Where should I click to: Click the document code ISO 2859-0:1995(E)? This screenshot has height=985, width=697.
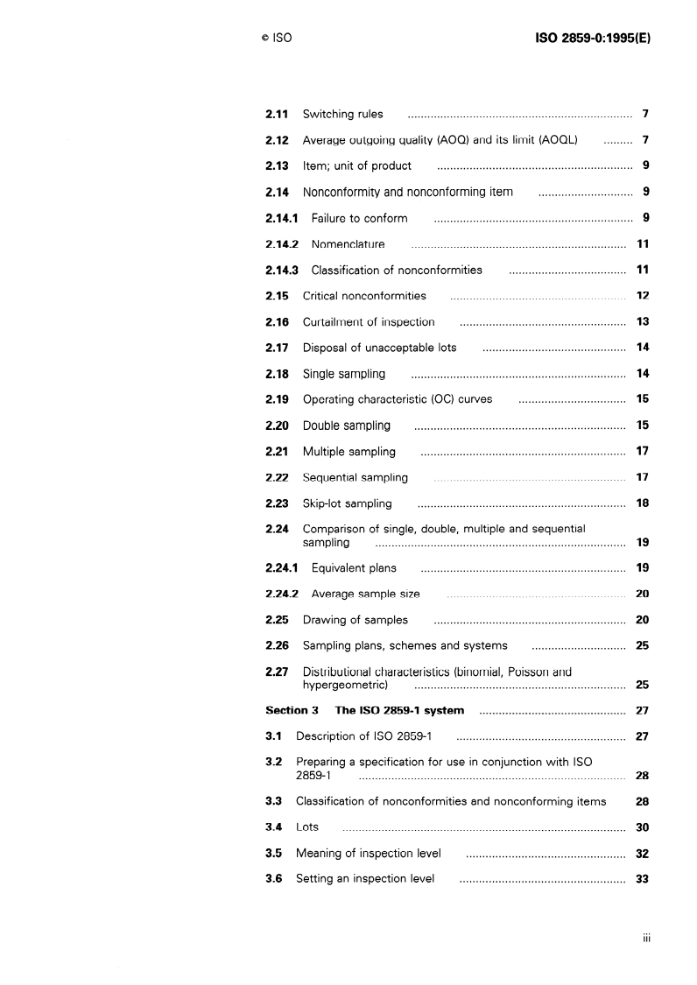(x=592, y=39)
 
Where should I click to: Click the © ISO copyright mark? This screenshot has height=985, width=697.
(x=276, y=39)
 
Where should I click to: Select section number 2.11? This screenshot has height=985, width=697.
(x=278, y=114)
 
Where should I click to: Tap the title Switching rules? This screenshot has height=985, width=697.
(x=342, y=114)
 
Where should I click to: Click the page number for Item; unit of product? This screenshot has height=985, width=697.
(x=644, y=165)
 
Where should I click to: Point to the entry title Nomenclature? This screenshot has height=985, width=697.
(x=348, y=244)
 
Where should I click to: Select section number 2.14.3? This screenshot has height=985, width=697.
(x=282, y=271)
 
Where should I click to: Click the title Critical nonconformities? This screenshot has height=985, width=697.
(x=364, y=296)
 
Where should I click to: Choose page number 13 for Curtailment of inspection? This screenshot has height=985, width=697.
(x=642, y=322)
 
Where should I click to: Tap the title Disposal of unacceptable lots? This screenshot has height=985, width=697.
(x=379, y=348)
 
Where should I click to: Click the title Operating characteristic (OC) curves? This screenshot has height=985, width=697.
(x=398, y=399)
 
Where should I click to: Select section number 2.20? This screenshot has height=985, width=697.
(x=278, y=426)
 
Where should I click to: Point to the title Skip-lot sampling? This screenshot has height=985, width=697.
(x=347, y=503)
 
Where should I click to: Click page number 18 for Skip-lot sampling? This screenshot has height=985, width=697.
(x=642, y=503)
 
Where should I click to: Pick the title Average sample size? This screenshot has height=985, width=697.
(x=365, y=594)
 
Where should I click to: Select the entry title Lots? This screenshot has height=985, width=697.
(x=307, y=827)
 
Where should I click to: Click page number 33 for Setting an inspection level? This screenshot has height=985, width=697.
(x=642, y=878)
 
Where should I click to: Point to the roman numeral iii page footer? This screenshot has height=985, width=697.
(x=645, y=939)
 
